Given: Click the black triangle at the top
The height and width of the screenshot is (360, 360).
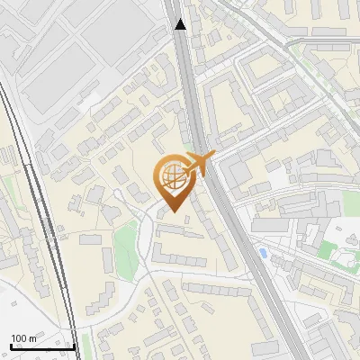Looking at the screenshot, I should pyautogui.click(x=181, y=24).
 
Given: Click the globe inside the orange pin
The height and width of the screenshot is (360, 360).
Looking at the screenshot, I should pyautogui.click(x=171, y=178).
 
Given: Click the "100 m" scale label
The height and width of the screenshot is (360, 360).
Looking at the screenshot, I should pyautogui.click(x=23, y=338).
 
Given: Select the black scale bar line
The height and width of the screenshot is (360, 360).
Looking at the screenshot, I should pyautogui.click(x=41, y=346).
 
